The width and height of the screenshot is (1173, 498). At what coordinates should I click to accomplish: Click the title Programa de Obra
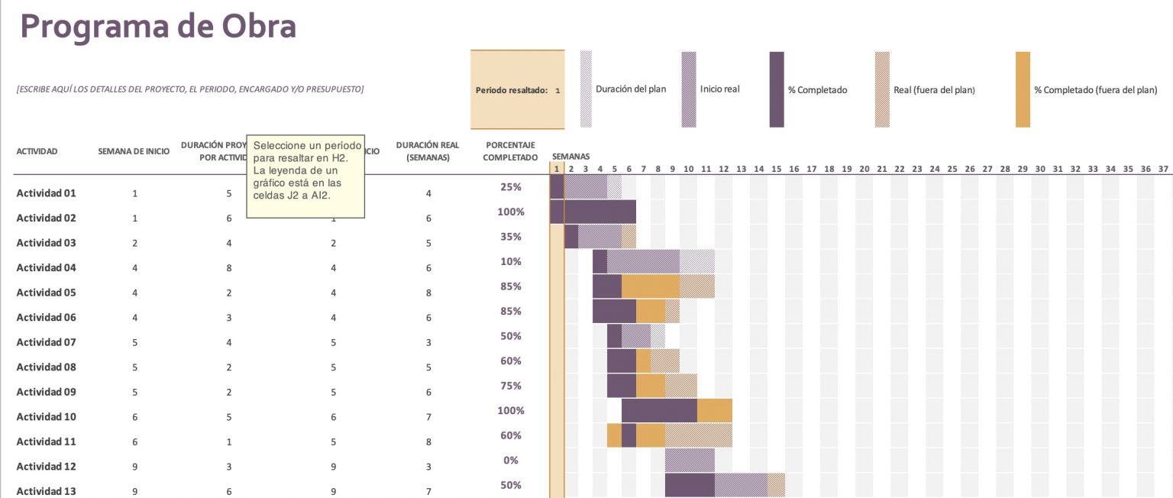(158, 27)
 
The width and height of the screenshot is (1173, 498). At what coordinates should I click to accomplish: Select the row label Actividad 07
(46, 342)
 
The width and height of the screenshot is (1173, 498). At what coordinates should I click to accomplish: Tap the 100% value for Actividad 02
(511, 212)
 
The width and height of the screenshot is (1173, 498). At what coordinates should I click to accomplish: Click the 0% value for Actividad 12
(511, 461)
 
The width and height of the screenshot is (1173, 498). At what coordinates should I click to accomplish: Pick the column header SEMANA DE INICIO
(134, 151)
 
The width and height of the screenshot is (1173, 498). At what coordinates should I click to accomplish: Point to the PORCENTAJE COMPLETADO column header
(511, 151)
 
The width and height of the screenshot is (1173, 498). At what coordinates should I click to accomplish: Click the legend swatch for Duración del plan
(586, 89)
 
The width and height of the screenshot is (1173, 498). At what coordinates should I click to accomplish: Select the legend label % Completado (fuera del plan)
(1096, 90)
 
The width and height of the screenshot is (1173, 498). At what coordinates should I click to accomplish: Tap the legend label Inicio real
(719, 89)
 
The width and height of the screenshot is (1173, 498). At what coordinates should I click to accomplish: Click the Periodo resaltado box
(517, 90)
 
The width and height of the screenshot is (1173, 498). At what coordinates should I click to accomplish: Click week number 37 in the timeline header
(1163, 169)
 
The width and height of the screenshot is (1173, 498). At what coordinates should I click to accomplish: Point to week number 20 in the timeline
(864, 169)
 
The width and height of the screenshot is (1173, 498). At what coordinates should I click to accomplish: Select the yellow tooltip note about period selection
(305, 177)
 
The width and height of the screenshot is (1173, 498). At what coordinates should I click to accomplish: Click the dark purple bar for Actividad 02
(599, 212)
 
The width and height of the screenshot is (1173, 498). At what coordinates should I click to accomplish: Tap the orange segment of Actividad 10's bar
(715, 410)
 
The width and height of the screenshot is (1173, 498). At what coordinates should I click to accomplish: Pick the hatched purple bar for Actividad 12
(690, 461)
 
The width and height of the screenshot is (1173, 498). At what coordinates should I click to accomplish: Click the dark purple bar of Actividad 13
(690, 485)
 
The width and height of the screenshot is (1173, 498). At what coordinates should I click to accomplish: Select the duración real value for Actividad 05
(428, 293)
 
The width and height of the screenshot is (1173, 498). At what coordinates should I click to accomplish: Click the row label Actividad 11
(46, 441)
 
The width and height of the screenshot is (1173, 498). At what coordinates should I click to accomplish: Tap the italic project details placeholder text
(189, 89)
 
